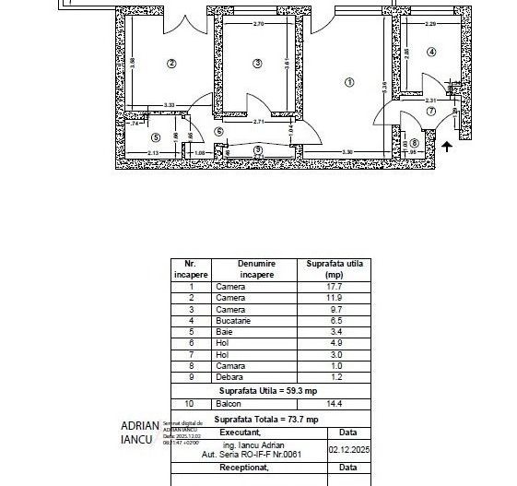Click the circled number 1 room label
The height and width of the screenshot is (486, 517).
click(x=348, y=82)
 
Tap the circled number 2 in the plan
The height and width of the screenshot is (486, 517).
click(x=170, y=64)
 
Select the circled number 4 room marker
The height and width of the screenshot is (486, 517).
click(x=431, y=53)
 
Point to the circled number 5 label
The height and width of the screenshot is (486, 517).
click(x=155, y=136)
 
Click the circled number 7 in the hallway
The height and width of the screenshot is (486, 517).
click(x=430, y=112)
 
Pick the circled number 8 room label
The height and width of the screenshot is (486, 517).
click(x=414, y=143)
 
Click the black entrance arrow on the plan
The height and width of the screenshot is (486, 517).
click(x=448, y=145)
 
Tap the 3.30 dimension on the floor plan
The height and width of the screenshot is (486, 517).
click(x=347, y=152)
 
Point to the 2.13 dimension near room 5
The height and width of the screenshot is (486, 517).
click(x=153, y=152)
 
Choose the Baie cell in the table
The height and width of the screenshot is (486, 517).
click(x=224, y=329)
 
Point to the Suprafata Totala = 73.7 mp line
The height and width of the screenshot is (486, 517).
click(x=266, y=420)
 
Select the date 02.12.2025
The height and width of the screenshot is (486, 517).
click(x=347, y=451)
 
